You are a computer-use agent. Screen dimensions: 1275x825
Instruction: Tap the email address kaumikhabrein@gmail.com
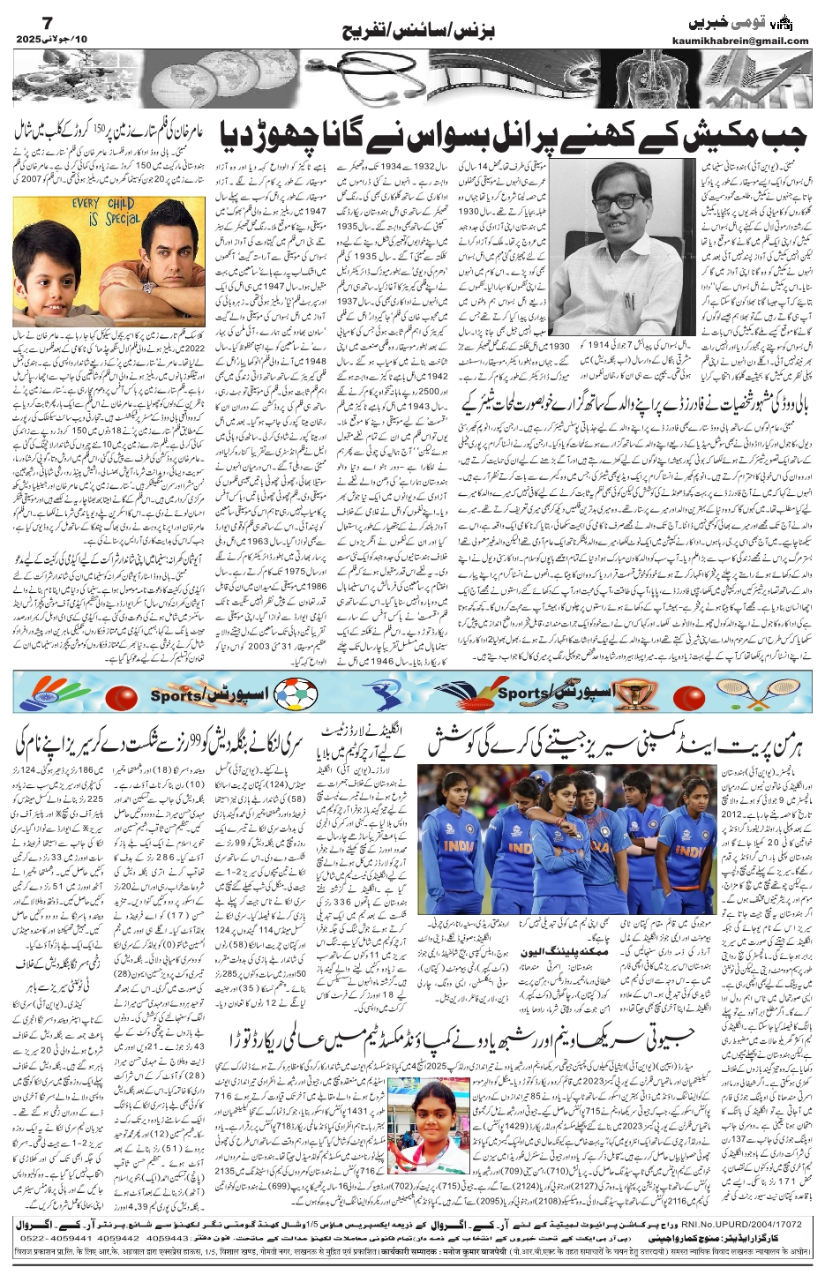tap(752, 40)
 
